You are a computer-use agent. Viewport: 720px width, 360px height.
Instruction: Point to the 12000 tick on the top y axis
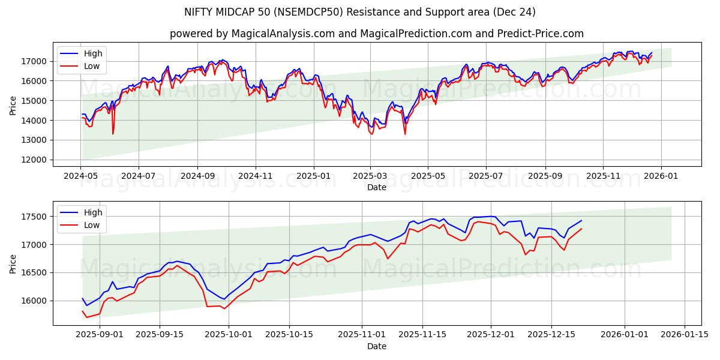pos(35,160)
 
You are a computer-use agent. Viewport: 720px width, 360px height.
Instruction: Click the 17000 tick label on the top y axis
pos(35,61)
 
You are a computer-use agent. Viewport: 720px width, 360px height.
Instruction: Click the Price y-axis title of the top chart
pos(13,105)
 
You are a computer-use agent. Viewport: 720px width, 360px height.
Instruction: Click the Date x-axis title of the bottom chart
pos(377,346)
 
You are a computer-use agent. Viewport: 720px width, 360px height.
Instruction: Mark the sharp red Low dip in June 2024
pos(113,133)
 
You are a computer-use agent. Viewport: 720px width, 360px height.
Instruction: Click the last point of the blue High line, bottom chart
pos(581,220)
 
